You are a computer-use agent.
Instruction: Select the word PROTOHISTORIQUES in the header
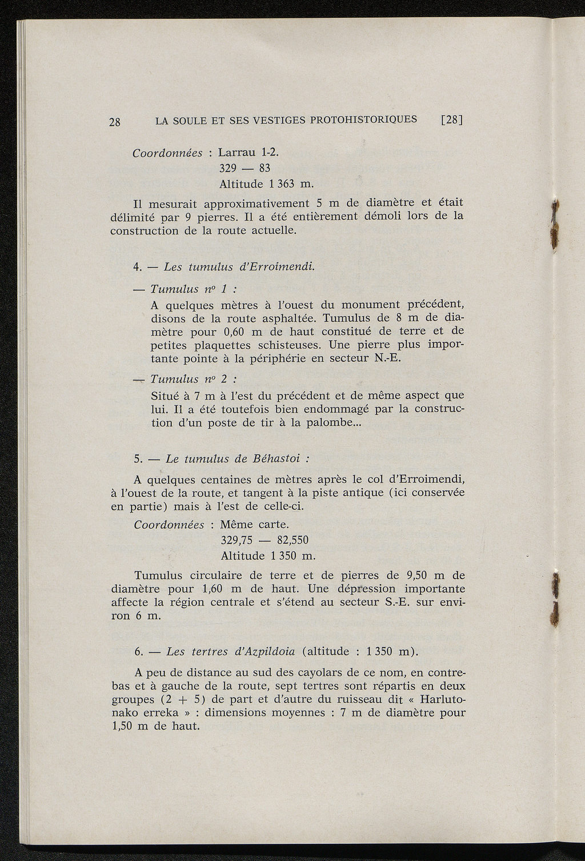[x=363, y=119]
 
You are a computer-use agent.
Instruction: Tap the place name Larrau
[x=238, y=153]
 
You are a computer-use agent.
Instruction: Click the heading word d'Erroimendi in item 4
[x=282, y=266]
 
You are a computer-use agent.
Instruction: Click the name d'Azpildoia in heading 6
[x=265, y=651]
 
